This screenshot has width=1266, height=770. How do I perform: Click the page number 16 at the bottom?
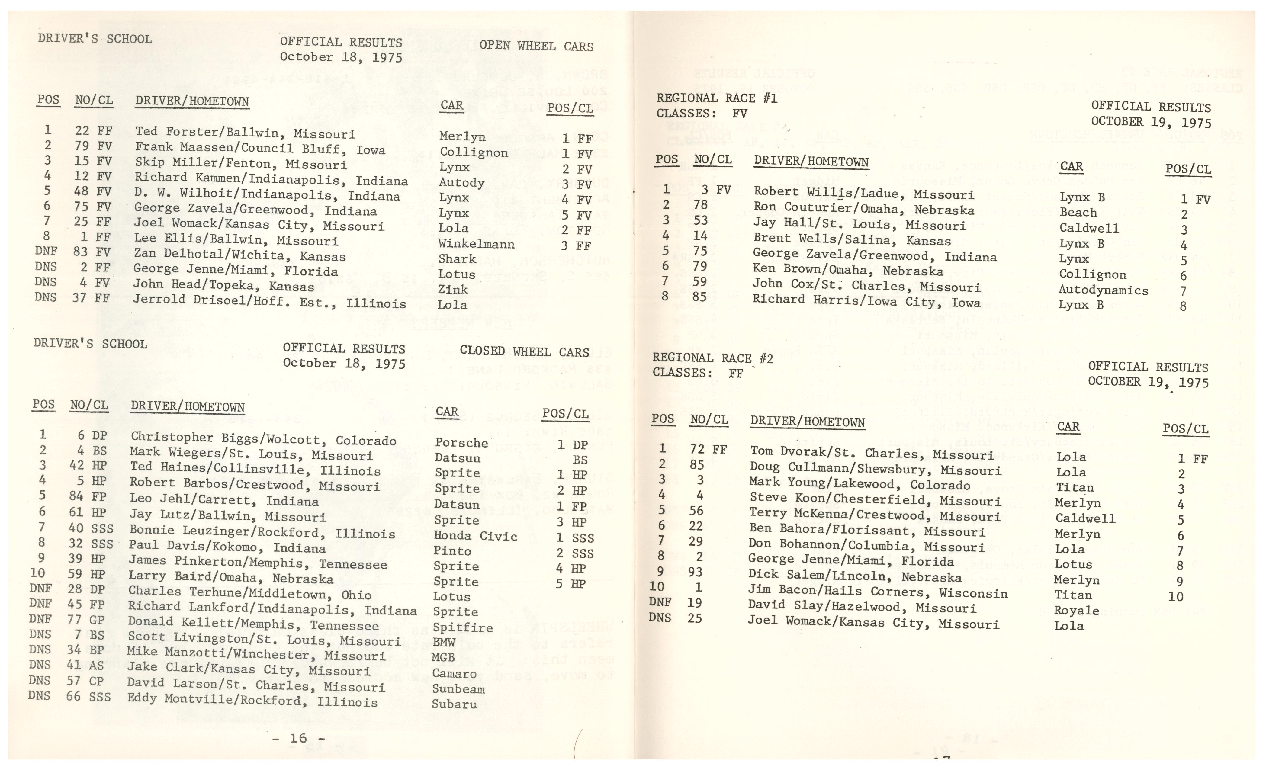point(298,738)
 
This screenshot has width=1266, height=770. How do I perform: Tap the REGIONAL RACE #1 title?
point(717,98)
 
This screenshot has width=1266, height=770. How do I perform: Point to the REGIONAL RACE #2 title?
point(713,358)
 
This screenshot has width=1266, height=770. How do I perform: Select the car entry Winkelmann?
point(476,244)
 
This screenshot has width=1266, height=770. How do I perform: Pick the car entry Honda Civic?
point(475,536)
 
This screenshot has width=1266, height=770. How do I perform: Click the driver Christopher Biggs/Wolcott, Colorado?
point(263,439)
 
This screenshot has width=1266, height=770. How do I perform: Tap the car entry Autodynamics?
point(1103,290)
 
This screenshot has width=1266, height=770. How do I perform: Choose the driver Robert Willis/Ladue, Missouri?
point(864,194)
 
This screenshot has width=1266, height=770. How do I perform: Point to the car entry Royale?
point(1076,610)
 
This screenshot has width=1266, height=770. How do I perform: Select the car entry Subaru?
point(454,704)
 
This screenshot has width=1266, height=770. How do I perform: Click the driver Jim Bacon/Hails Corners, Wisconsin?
point(878,592)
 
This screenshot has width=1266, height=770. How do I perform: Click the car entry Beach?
point(1078,212)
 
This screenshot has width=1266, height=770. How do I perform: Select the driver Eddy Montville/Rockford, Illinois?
point(252,700)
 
